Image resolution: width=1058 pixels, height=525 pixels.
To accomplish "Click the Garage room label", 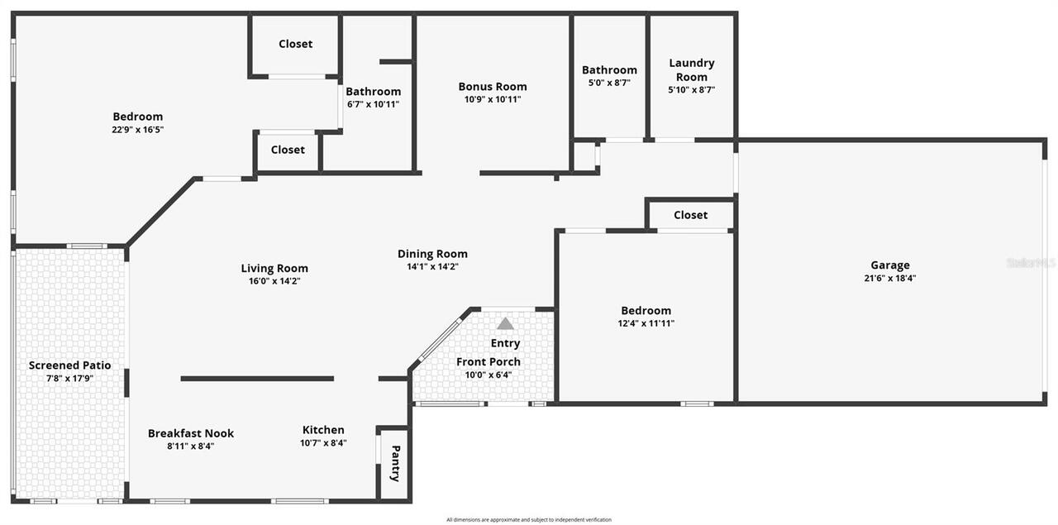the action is (890, 265).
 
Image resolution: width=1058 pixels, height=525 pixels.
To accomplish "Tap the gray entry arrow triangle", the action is (505, 324).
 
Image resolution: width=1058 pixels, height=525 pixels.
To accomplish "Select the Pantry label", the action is (396, 463).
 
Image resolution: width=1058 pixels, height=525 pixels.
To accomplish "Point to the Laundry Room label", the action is (692, 69).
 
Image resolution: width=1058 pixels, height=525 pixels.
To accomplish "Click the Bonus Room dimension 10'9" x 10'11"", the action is (492, 99).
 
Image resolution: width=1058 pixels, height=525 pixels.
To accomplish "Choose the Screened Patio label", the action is (70, 365).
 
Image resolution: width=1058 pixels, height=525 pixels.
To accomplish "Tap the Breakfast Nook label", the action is (191, 433).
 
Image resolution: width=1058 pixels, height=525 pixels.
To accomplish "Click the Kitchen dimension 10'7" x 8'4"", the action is (323, 443).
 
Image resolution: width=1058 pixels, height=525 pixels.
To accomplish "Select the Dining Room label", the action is (432, 254).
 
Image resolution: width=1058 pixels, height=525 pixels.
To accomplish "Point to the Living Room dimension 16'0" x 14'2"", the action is (274, 281).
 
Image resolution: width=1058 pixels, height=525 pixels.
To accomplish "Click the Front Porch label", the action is (488, 361).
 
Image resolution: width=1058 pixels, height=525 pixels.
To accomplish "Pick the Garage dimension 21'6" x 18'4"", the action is (890, 279).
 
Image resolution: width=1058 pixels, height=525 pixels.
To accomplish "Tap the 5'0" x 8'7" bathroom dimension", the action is (609, 83).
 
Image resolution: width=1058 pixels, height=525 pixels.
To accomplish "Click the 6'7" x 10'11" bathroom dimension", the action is (373, 104).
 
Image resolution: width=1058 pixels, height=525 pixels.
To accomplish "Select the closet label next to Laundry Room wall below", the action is (690, 215).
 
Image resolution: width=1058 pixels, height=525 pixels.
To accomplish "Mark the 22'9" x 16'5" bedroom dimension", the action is (137, 130).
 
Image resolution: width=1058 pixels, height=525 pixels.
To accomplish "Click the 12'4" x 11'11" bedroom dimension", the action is (646, 324).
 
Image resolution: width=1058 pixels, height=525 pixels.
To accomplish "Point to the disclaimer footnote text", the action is (529, 520).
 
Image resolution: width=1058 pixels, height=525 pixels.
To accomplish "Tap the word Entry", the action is (505, 343).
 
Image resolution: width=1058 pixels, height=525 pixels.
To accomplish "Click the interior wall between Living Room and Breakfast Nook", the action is (257, 379).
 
